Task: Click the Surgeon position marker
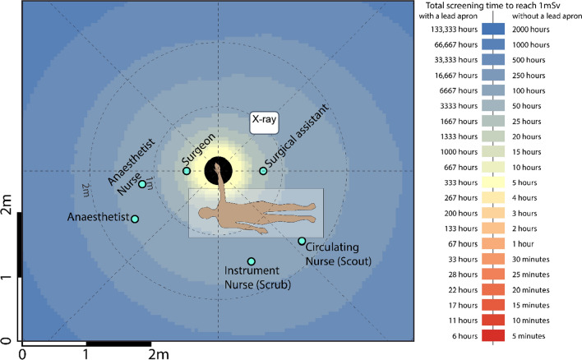[x=187, y=171]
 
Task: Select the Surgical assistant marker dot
[x=263, y=171]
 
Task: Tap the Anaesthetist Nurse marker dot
[x=142, y=184]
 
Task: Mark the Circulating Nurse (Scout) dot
[x=302, y=241]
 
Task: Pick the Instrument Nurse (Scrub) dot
[x=251, y=261]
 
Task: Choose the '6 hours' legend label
[x=454, y=335]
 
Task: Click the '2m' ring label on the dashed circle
[x=86, y=190]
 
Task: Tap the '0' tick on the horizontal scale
[x=22, y=353]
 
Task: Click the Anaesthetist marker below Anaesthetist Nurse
[x=135, y=219]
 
